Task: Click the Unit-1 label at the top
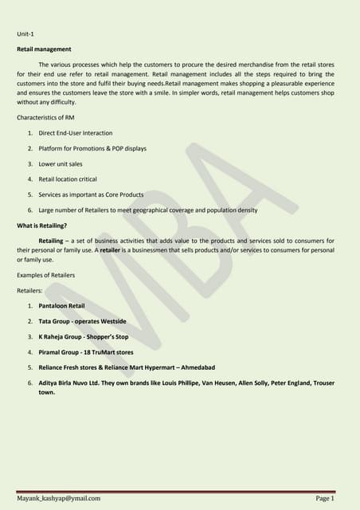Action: [x=26, y=34]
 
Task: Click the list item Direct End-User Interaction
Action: [x=76, y=133]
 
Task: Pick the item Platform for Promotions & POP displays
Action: [x=92, y=148]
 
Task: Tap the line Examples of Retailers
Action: [x=46, y=275]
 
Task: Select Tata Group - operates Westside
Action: [x=82, y=321]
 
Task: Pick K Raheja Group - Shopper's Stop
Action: [x=84, y=336]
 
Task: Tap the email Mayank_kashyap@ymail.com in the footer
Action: [x=58, y=498]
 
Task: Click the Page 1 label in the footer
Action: [x=324, y=498]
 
